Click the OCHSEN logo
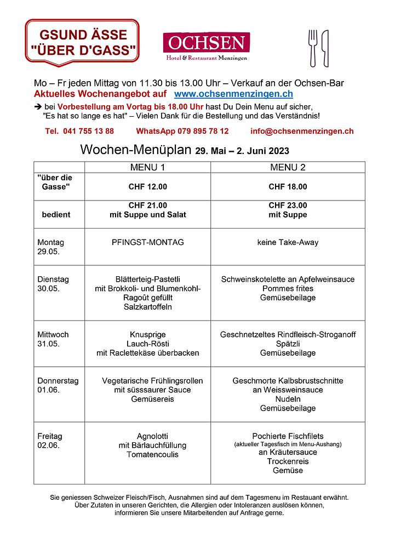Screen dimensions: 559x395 pyautogui.click(x=206, y=46)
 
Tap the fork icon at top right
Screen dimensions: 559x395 pyautogui.click(x=313, y=47)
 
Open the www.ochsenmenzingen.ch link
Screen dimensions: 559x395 pyautogui.click(x=233, y=95)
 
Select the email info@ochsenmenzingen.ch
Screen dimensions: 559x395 pyautogui.click(x=301, y=131)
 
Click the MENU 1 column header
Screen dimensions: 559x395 pyautogui.click(x=147, y=167)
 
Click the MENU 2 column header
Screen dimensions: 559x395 pyautogui.click(x=288, y=167)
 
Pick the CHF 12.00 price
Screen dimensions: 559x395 pyautogui.click(x=147, y=187)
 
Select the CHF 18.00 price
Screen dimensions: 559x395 pyautogui.click(x=288, y=187)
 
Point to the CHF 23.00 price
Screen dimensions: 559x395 pyautogui.click(x=288, y=206)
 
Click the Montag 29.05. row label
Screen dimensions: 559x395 pyautogui.click(x=50, y=247)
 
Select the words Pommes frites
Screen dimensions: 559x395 pyautogui.click(x=288, y=288)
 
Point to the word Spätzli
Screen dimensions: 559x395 pyautogui.click(x=288, y=344)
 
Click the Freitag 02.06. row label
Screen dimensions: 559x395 pyautogui.click(x=50, y=441)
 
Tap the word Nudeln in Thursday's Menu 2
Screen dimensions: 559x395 pyautogui.click(x=288, y=399)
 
